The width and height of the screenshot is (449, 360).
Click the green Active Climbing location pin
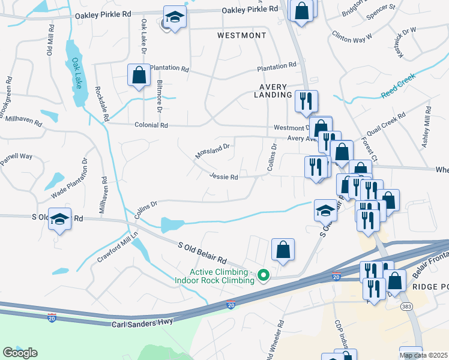263,275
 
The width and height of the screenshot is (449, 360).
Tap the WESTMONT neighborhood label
241,36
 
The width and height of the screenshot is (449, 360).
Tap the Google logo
20,353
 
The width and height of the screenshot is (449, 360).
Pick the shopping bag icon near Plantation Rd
139,76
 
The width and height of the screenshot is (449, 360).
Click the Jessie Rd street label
224,177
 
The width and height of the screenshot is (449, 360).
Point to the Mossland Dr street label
212,151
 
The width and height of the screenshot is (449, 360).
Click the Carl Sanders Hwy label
143,323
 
